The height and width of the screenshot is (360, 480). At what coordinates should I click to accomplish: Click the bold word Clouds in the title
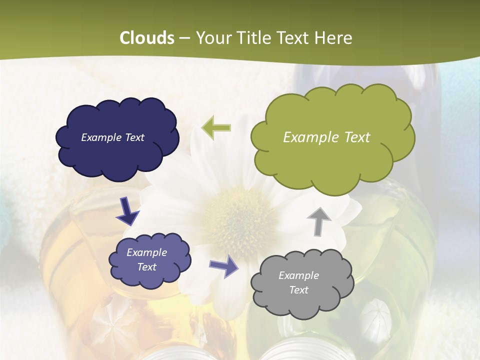click(x=147, y=38)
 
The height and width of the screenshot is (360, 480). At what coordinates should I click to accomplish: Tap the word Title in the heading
click(x=252, y=38)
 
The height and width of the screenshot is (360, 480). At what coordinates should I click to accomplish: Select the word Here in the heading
click(x=333, y=38)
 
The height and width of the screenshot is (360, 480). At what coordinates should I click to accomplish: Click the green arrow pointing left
click(x=216, y=127)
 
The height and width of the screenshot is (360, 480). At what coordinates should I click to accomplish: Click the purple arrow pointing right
click(x=224, y=265)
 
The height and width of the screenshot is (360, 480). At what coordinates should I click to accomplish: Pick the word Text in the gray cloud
click(x=298, y=290)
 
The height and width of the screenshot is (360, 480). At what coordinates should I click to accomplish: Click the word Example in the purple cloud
click(x=146, y=252)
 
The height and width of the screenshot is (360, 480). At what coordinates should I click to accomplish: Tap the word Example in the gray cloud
click(x=298, y=275)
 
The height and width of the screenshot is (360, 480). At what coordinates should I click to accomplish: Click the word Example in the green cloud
click(x=309, y=137)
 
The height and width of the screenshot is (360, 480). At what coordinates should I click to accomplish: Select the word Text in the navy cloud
click(x=134, y=137)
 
